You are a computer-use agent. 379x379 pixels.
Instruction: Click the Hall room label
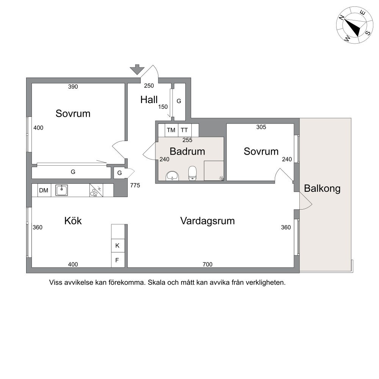click(149, 100)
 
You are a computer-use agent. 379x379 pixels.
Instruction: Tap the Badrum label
click(187, 151)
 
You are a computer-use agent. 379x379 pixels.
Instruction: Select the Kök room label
click(73, 221)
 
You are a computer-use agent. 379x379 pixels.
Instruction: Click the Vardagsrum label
click(207, 221)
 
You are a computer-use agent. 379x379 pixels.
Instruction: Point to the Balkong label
click(322, 188)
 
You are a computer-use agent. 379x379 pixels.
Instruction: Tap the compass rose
click(355, 25)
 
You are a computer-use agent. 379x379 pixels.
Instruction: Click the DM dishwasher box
click(44, 190)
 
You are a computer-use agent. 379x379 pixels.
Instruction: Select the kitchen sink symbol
click(61, 190)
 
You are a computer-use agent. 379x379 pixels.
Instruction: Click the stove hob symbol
click(96, 190)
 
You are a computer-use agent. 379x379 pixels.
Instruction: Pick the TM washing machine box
click(171, 130)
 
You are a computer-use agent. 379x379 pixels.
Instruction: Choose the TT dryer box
click(185, 130)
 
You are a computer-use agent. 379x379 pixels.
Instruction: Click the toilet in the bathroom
click(193, 173)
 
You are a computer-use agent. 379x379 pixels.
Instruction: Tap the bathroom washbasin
click(172, 176)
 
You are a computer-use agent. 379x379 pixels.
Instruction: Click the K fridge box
click(118, 246)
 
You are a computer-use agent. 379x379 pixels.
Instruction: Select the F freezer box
click(118, 260)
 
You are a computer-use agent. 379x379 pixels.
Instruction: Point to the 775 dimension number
click(135, 185)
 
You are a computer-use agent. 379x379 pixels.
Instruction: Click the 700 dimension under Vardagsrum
click(208, 265)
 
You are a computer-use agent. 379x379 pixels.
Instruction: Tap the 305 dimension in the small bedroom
click(261, 127)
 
